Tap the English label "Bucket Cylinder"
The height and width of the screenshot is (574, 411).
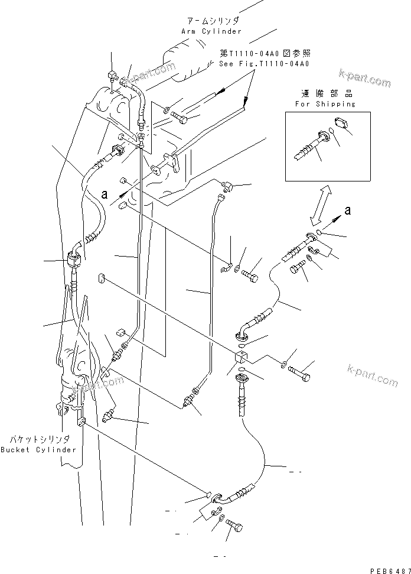click(38, 449)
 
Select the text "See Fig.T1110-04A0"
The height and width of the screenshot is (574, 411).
click(264, 64)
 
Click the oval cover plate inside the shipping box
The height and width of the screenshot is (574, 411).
click(341, 123)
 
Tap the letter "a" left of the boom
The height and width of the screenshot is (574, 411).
click(105, 193)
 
